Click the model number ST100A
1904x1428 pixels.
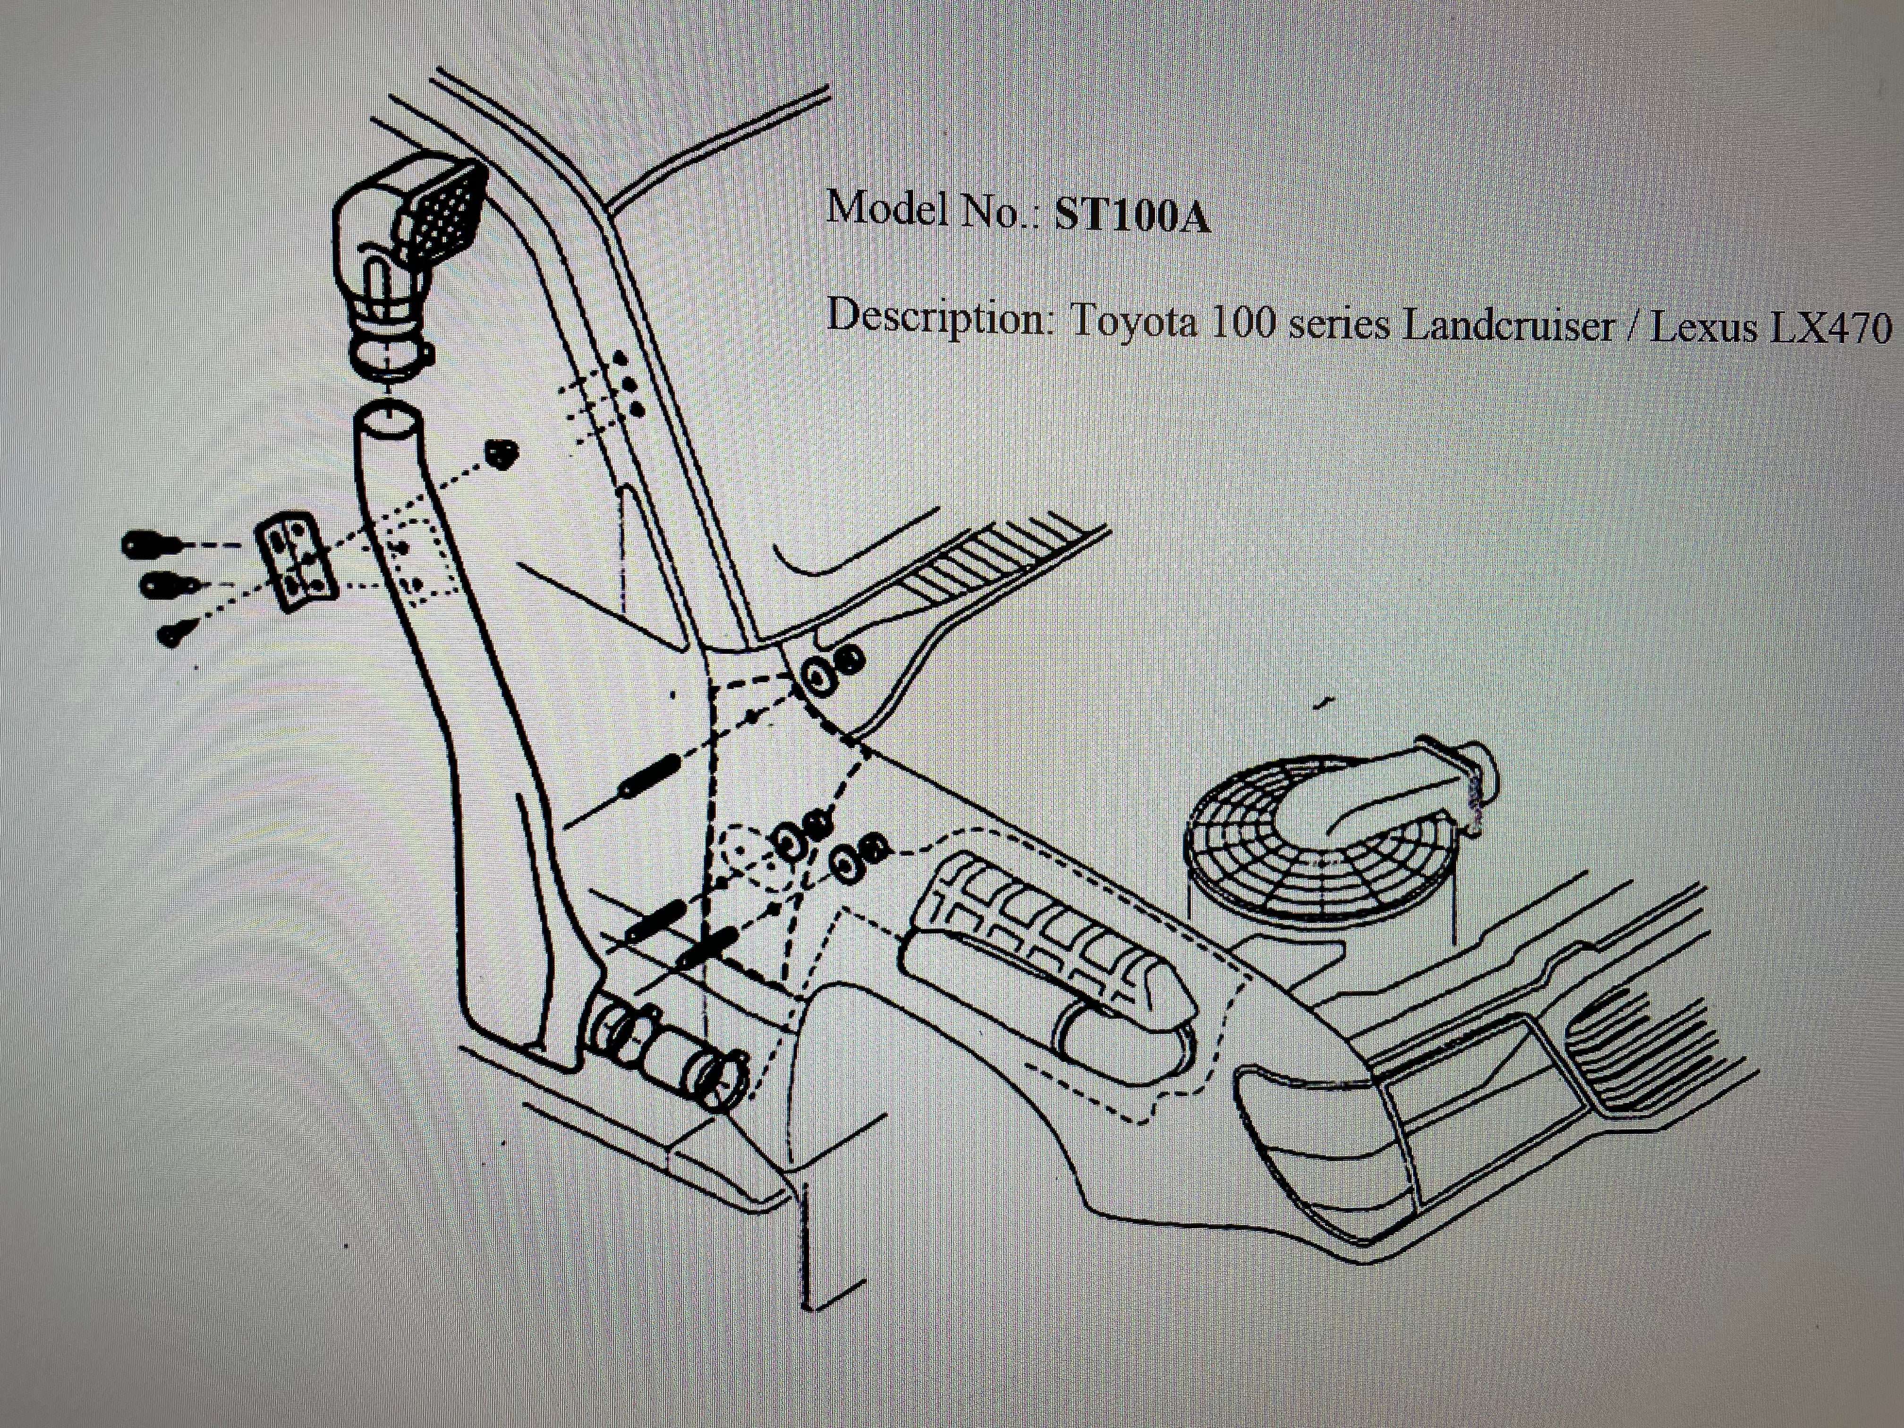pyautogui.click(x=1132, y=217)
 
